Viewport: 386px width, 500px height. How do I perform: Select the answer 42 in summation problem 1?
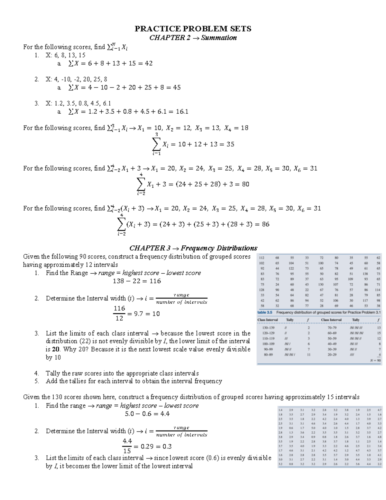149,63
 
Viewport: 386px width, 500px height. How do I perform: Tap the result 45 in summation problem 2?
177,88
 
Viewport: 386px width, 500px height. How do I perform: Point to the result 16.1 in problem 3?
182,112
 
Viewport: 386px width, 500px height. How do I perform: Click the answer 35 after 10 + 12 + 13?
230,144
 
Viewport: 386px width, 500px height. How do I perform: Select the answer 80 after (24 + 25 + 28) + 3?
245,184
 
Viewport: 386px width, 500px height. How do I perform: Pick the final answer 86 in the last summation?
265,224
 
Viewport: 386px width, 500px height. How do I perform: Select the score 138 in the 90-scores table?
365,274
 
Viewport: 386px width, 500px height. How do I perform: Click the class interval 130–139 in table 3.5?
268,328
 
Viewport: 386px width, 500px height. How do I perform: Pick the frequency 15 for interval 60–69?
379,333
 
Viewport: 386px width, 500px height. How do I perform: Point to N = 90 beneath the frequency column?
375,361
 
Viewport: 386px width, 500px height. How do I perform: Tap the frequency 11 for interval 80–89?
308,355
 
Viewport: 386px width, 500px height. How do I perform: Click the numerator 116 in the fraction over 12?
119,308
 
